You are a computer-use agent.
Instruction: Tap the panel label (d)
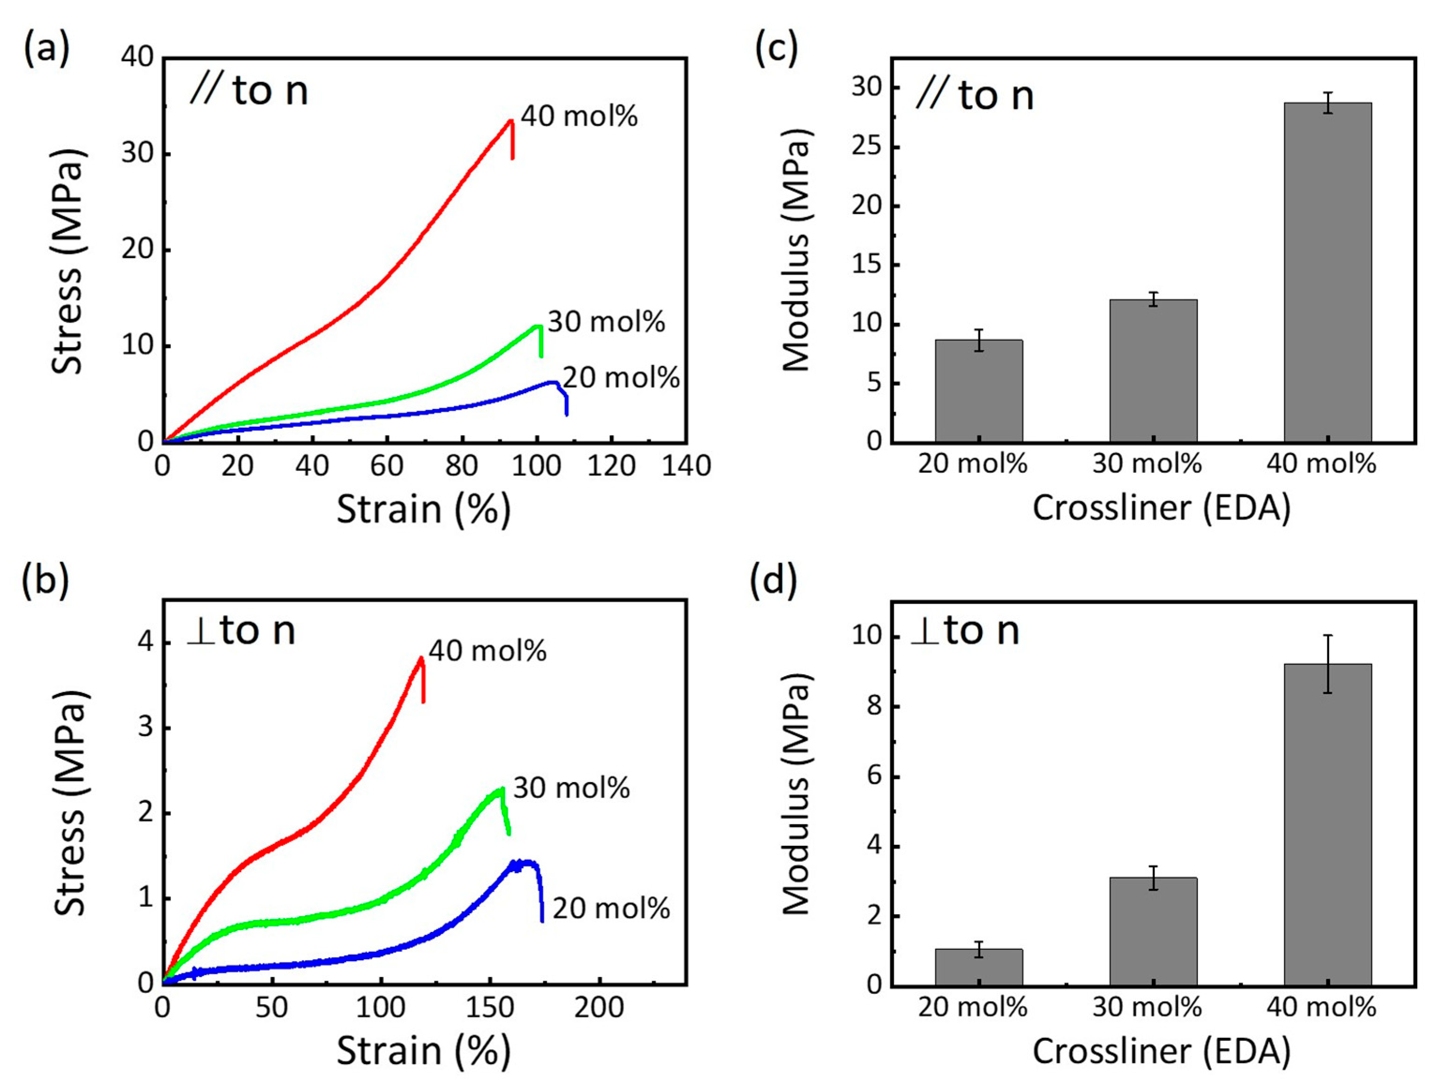point(774,580)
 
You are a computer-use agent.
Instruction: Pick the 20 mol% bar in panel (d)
point(978,967)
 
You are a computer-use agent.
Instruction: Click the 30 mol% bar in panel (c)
point(1153,371)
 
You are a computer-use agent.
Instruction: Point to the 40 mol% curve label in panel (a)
point(579,117)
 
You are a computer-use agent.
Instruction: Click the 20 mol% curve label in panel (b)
point(610,909)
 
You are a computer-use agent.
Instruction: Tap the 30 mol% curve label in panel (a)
point(606,322)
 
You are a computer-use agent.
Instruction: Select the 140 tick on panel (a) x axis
point(686,466)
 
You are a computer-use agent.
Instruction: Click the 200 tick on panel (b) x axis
point(599,1007)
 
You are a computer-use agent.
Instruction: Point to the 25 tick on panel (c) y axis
point(867,147)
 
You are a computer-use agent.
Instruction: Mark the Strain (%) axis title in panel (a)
point(423,510)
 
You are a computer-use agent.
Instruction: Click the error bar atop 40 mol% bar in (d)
point(1328,664)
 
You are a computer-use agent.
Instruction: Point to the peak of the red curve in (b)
point(421,658)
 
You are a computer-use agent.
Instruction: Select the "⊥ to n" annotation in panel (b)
point(241,630)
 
